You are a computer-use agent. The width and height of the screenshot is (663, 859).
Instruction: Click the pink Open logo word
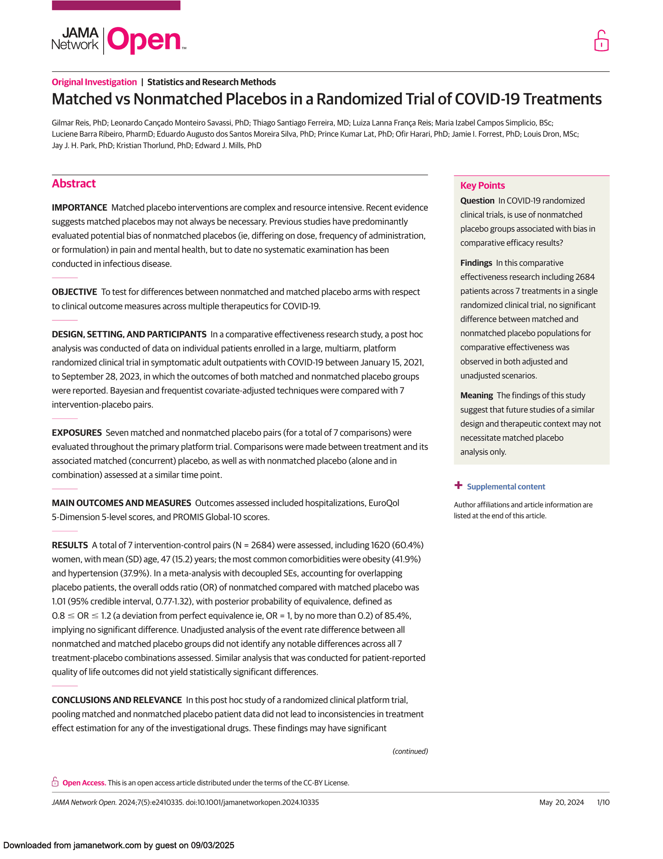point(144,40)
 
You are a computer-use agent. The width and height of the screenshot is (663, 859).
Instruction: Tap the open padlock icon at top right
point(601,41)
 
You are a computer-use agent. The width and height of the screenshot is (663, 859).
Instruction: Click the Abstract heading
point(74,183)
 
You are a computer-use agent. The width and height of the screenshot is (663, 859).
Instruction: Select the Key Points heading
point(482,185)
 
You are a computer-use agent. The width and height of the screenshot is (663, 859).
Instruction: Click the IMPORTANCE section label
point(80,207)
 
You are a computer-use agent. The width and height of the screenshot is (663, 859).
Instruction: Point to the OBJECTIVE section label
point(74,292)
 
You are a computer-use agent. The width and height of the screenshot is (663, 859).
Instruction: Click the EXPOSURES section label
point(77,433)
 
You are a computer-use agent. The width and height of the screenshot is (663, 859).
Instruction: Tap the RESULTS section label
point(70,545)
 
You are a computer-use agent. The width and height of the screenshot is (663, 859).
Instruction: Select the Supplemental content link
point(506,487)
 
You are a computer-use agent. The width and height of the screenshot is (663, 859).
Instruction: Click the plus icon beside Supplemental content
point(458,485)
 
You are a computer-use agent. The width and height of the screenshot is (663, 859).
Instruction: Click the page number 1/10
point(603,802)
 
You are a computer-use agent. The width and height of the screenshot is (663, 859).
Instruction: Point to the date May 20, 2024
point(561,802)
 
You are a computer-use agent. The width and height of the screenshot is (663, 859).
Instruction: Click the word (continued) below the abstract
point(410,751)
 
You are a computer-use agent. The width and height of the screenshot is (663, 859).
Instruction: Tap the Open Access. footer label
point(84,783)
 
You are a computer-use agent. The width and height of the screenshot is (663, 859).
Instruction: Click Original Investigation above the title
point(94,82)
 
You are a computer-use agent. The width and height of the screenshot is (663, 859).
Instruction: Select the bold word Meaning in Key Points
point(477,395)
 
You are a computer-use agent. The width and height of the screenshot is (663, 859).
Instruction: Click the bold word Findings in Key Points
point(476,263)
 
